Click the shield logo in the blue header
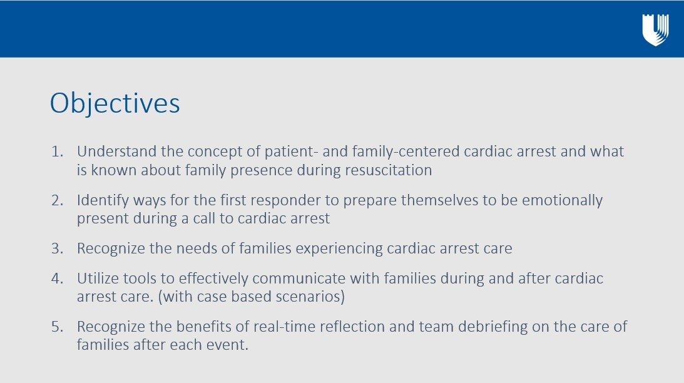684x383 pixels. pyautogui.click(x=655, y=29)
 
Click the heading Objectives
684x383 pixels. pyautogui.click(x=115, y=104)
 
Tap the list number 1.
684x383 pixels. pyautogui.click(x=57, y=151)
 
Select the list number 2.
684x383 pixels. pyautogui.click(x=57, y=200)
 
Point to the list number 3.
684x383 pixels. pyautogui.click(x=57, y=248)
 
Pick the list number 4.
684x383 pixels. pyautogui.click(x=57, y=278)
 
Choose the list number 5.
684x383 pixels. pyautogui.click(x=57, y=327)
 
